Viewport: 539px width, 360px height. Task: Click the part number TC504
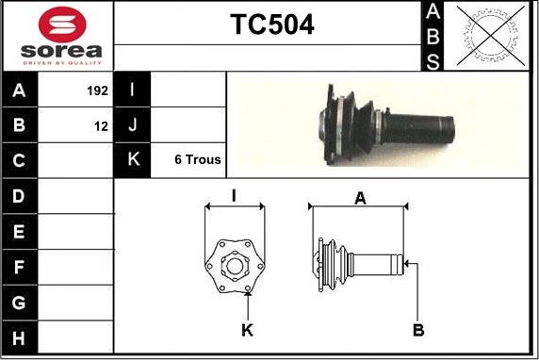tap(272, 25)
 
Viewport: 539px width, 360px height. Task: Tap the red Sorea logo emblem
tap(62, 25)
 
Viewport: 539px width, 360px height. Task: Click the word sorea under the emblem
tap(61, 51)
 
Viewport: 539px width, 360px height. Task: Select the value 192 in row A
tap(98, 90)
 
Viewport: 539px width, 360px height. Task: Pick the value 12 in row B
tap(102, 126)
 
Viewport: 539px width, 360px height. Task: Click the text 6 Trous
tap(198, 159)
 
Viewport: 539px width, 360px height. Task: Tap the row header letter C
tap(19, 160)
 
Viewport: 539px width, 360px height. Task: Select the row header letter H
tap(19, 338)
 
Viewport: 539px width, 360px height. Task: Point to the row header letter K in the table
tap(134, 159)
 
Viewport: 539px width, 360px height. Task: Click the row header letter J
tap(133, 124)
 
